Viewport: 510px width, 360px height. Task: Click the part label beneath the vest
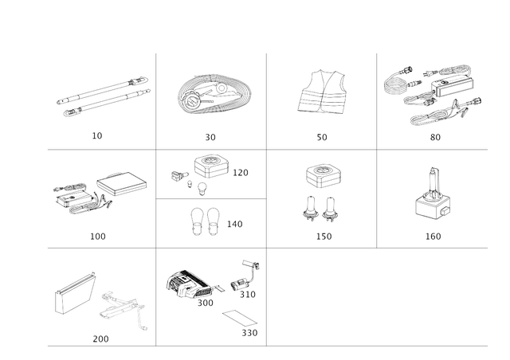[x=322, y=138]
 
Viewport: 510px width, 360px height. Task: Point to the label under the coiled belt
[x=210, y=138]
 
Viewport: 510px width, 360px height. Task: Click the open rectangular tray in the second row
[x=126, y=182]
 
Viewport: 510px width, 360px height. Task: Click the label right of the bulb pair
[x=234, y=225]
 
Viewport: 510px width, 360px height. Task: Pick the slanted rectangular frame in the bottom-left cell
[x=75, y=295]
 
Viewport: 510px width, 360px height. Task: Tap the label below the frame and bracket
[x=100, y=337]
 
